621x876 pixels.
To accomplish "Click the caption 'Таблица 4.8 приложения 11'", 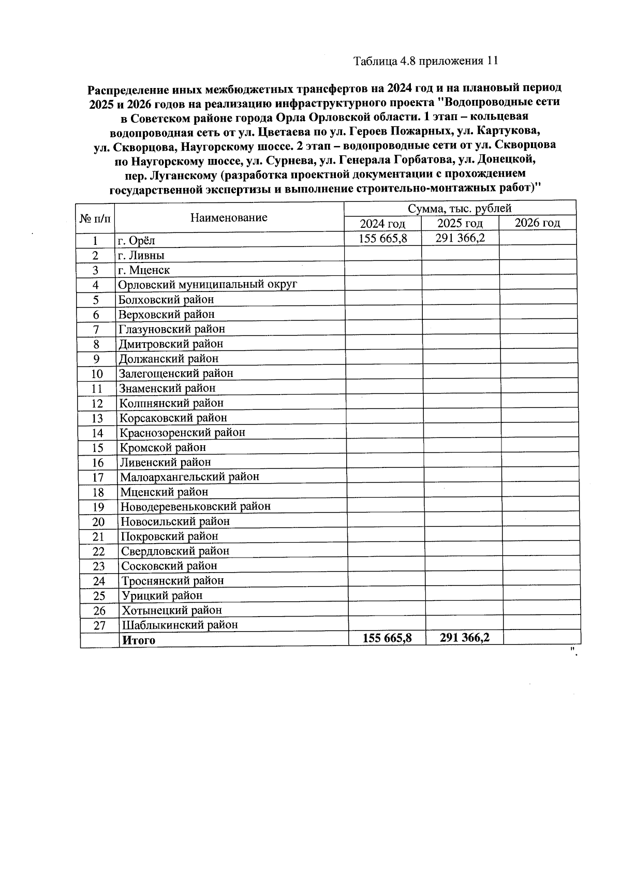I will coord(425,61).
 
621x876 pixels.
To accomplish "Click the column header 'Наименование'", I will coord(229,217).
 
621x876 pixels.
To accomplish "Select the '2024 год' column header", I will coord(382,224).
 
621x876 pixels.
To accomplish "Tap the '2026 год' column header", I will coord(538,223).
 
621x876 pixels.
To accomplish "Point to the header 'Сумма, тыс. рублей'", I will coord(460,208).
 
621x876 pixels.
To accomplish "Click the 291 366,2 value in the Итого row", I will coord(464,638).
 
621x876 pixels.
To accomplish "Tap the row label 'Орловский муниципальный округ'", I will coord(208,285).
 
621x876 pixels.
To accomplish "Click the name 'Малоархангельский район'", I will coord(189,477).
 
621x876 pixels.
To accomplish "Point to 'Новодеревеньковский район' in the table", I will coord(195,506).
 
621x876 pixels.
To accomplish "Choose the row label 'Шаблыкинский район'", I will coord(180,625).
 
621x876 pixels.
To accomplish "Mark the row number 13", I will coord(97,418).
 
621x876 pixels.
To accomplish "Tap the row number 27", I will coord(99,625).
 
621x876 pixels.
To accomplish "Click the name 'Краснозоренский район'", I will coord(182,432).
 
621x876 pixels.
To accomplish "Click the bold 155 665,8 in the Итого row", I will coord(387,638).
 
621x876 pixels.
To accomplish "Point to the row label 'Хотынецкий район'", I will coord(172,610).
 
